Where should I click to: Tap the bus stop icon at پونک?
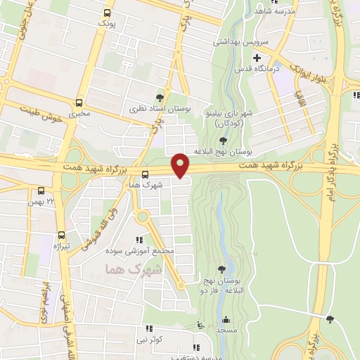tap(107, 13)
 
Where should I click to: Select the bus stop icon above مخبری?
tap(79, 102)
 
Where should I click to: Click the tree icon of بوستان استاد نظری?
tap(160, 98)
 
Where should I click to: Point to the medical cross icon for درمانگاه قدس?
tap(257, 58)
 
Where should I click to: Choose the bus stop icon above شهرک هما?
tap(145, 174)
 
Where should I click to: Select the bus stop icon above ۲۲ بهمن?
tap(41, 190)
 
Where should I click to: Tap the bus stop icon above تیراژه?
tap(61, 235)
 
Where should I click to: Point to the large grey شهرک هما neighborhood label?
tap(132, 269)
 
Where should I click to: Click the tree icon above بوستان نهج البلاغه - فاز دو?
tap(222, 269)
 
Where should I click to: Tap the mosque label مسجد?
tap(224, 330)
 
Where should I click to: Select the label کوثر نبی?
tap(151, 339)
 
